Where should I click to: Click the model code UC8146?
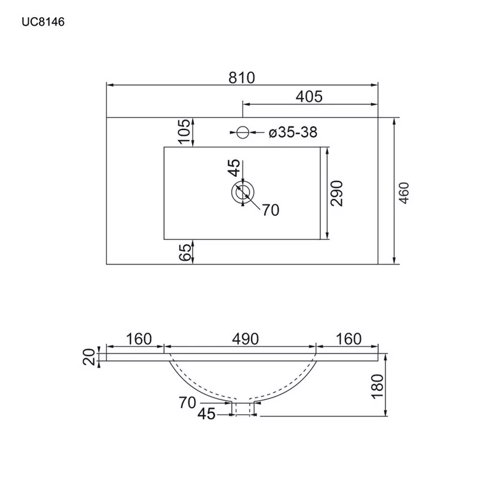coord(43,22)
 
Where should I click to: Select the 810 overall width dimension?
coord(242,78)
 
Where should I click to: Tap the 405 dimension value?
coord(309,97)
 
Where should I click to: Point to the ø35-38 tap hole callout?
coord(293,133)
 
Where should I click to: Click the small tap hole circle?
coord(242,133)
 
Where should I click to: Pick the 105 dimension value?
coord(185,131)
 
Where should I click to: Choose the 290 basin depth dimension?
coord(337,193)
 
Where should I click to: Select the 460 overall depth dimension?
coord(404,193)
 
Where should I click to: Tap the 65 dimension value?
coord(185,252)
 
